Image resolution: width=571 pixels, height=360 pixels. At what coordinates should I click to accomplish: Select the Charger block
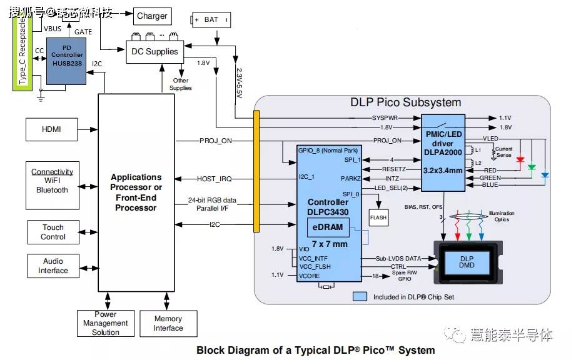click(152, 16)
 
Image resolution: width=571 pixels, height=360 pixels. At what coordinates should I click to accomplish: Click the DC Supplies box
click(154, 51)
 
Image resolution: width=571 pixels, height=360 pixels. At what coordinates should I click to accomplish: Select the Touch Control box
click(53, 232)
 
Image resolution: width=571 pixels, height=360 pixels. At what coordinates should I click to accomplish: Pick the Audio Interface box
click(53, 266)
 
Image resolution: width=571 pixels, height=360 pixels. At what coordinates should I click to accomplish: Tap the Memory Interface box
click(168, 323)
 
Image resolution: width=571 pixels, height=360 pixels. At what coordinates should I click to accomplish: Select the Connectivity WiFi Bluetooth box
click(53, 186)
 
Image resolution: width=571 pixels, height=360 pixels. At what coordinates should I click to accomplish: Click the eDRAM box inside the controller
click(328, 227)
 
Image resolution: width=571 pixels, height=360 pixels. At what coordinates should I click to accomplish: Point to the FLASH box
click(378, 217)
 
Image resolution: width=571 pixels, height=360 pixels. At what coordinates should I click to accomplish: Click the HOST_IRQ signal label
click(215, 179)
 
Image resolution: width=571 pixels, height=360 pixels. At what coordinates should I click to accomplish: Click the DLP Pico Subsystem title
click(405, 102)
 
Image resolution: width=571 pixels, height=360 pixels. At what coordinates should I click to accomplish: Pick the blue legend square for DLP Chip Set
click(360, 296)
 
